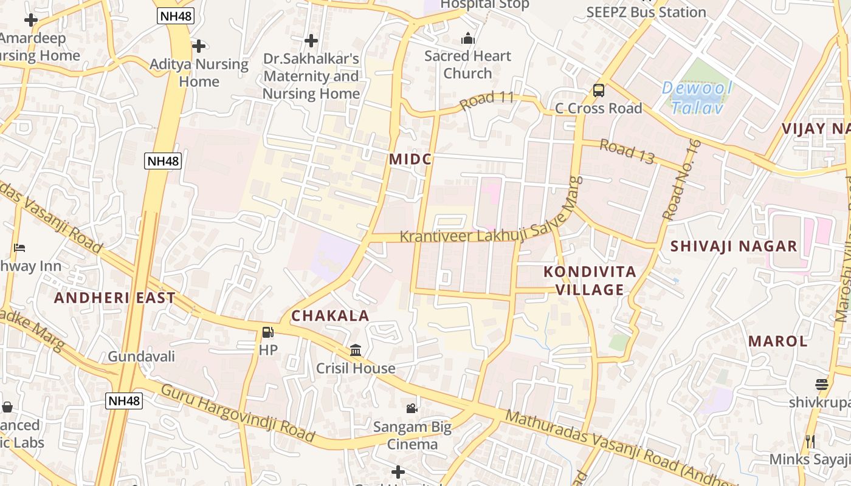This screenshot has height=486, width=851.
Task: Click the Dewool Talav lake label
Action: (697, 97)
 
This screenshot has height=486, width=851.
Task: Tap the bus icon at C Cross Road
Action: (599, 91)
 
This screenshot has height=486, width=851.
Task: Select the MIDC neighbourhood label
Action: (410, 159)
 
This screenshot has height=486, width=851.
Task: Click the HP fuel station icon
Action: (267, 332)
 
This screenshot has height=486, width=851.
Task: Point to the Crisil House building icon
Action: (356, 351)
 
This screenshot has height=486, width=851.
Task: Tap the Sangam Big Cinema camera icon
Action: (412, 408)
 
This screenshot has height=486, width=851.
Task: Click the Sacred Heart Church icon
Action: (467, 39)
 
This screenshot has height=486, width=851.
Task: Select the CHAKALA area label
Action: (339, 316)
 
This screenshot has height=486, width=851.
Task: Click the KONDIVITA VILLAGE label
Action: (590, 280)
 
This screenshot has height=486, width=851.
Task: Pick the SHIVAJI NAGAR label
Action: (734, 246)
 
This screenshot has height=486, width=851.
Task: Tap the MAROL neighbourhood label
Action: (778, 341)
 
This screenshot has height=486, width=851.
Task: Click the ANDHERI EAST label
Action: (115, 298)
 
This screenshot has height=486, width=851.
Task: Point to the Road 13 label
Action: (627, 151)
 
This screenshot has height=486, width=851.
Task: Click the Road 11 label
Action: (487, 100)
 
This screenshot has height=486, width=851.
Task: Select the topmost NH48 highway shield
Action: (176, 16)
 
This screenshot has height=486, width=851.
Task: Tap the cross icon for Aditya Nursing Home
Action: (198, 46)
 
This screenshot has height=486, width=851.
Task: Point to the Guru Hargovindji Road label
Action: (237, 412)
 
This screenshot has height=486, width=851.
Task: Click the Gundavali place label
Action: (142, 356)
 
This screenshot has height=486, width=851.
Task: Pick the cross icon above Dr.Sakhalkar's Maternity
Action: (311, 41)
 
